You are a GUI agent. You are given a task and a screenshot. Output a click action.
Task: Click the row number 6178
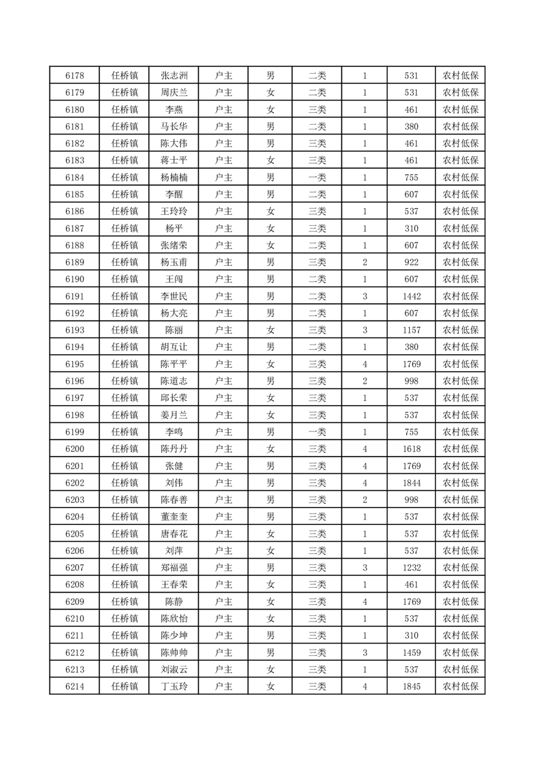click(x=74, y=76)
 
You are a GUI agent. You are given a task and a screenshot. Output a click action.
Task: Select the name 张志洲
click(x=174, y=76)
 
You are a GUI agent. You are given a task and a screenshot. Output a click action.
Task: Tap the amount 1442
click(x=412, y=296)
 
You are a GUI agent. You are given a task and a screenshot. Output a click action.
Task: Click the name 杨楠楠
click(x=174, y=178)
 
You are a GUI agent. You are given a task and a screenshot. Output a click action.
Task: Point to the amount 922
click(x=412, y=262)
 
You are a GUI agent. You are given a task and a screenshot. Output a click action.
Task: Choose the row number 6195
click(x=74, y=364)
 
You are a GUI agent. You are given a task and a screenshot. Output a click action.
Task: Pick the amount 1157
click(x=412, y=330)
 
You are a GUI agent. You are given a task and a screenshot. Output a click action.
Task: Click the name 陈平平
click(x=174, y=364)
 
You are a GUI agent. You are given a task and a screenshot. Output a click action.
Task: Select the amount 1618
click(x=412, y=449)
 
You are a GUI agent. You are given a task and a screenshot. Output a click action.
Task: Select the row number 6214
click(x=74, y=686)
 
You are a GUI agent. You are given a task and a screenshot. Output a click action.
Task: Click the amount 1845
click(x=412, y=686)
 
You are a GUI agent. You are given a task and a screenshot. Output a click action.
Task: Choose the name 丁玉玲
click(x=174, y=686)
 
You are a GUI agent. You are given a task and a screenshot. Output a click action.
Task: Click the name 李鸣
click(x=174, y=432)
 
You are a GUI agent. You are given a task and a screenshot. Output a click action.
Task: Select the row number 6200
click(x=74, y=449)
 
